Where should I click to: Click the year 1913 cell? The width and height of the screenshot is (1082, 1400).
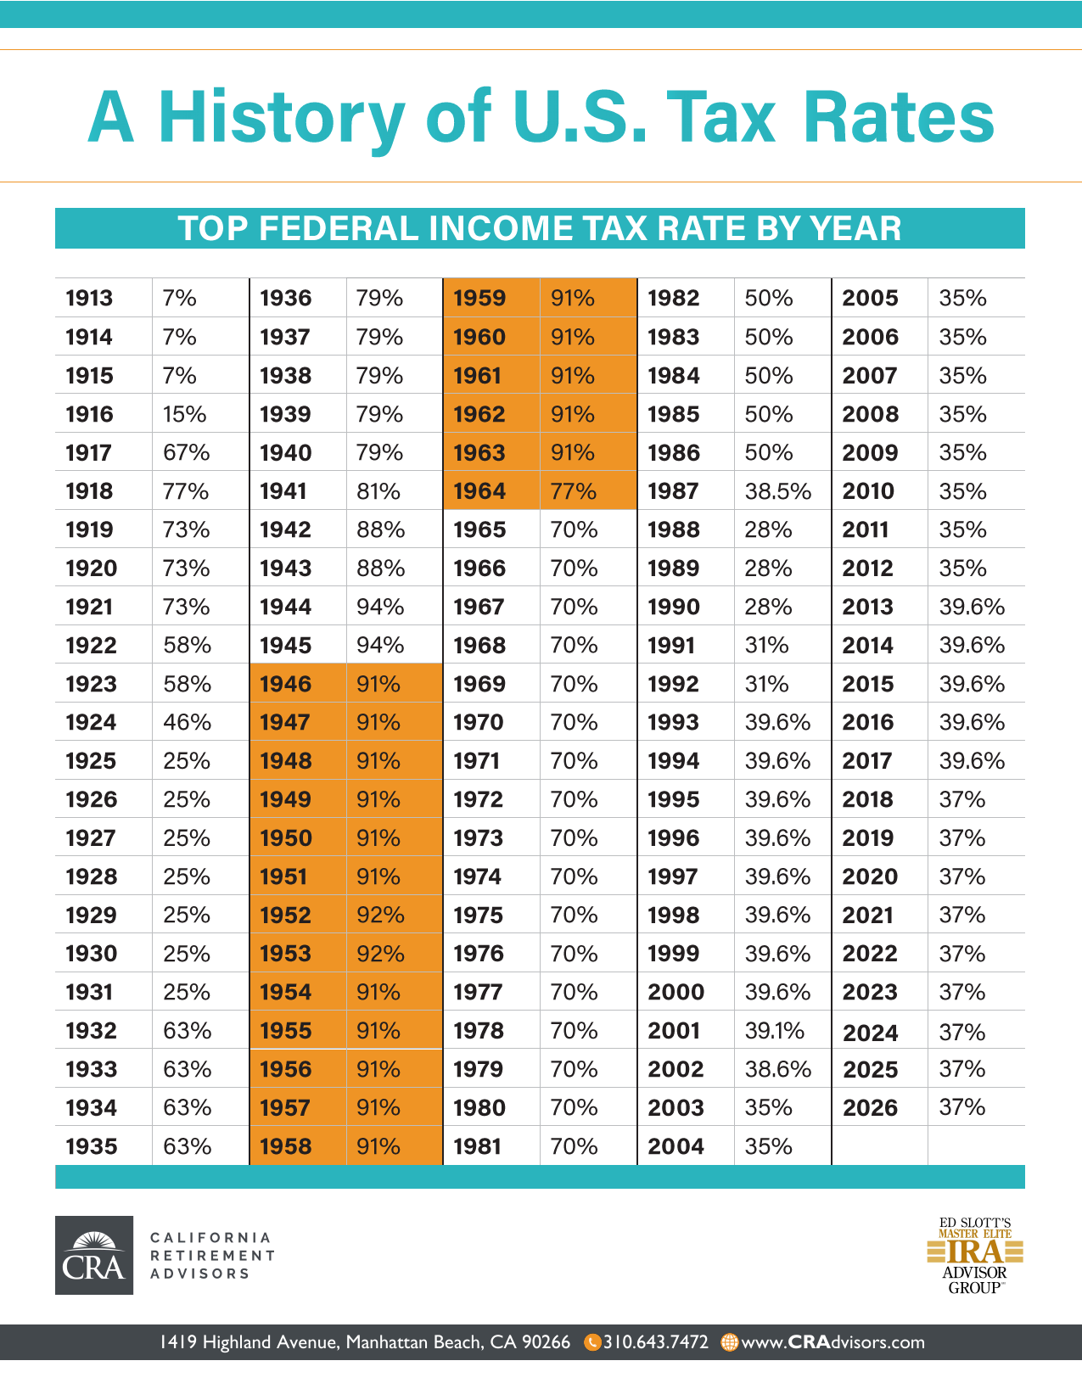tap(89, 298)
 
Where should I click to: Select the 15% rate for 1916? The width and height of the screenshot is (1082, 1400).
tap(185, 414)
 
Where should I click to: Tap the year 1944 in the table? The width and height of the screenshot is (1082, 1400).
tap(285, 607)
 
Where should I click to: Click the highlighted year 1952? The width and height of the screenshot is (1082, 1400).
tap(285, 916)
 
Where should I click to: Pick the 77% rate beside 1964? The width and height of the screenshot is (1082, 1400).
tap(574, 491)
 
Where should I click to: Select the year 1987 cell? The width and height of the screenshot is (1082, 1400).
tap(673, 491)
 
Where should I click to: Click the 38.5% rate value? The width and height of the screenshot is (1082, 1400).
tap(778, 491)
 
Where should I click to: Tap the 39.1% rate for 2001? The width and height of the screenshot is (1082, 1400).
tap(775, 1031)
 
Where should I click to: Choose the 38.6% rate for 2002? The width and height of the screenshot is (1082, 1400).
tap(778, 1069)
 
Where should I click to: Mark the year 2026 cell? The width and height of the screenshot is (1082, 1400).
tap(870, 1108)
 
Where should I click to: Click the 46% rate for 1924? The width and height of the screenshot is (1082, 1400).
tap(187, 723)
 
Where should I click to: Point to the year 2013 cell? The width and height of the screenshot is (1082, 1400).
tap(867, 607)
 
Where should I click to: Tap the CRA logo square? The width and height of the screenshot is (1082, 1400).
tap(94, 1255)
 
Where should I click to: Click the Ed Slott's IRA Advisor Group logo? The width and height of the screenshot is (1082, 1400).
tap(975, 1256)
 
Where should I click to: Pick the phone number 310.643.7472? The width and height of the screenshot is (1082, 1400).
tap(655, 1342)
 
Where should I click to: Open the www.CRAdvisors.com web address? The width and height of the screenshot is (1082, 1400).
tap(833, 1342)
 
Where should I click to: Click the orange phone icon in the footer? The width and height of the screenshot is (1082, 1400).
tap(593, 1342)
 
